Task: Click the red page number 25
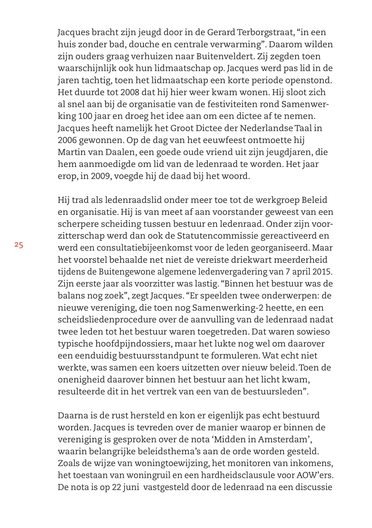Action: pyautogui.click(x=19, y=245)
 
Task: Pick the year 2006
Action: pyautogui.click(x=67, y=140)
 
